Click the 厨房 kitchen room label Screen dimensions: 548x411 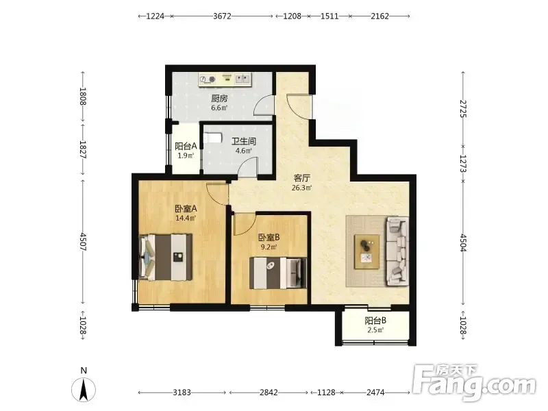click(219, 99)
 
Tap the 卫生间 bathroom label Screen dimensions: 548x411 click(244, 141)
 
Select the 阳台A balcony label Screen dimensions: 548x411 click(186, 146)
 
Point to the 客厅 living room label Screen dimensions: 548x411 click(301, 178)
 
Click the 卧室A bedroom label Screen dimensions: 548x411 click(186, 209)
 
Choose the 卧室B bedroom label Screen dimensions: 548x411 click(269, 238)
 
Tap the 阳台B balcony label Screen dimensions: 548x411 click(375, 321)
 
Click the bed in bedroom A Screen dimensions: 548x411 click(165, 258)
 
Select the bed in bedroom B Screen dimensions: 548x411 click(278, 273)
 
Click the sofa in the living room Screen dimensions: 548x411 click(397, 251)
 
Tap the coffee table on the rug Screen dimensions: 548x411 click(367, 251)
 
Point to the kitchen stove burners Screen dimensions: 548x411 click(208, 79)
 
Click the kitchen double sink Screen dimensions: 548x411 click(243, 78)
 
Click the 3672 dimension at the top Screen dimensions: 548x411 click(222, 16)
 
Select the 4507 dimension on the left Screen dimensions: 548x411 click(83, 242)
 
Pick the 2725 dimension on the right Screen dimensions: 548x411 click(463, 109)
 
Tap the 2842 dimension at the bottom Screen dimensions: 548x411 click(269, 393)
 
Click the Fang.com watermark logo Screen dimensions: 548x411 click(474, 382)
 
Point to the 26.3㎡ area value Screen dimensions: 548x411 click(301, 188)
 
